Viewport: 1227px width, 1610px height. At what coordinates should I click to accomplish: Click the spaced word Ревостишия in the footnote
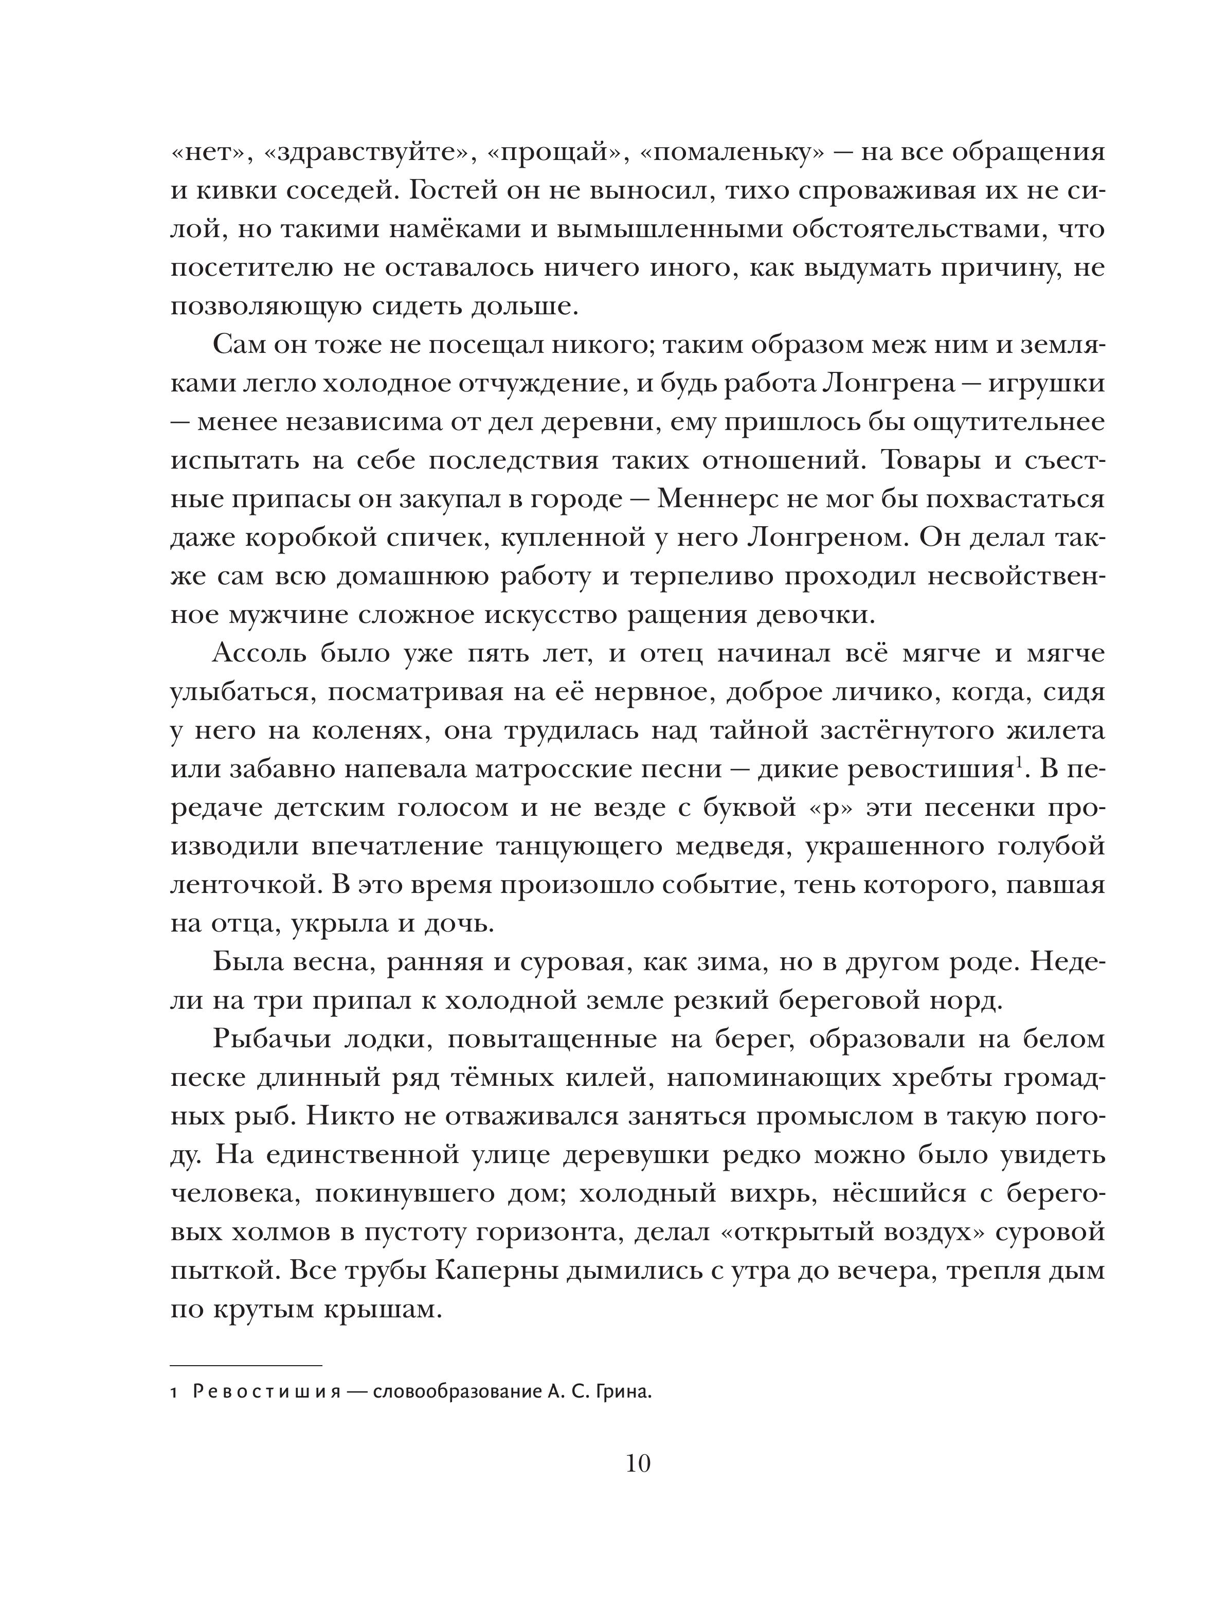[x=266, y=1393]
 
